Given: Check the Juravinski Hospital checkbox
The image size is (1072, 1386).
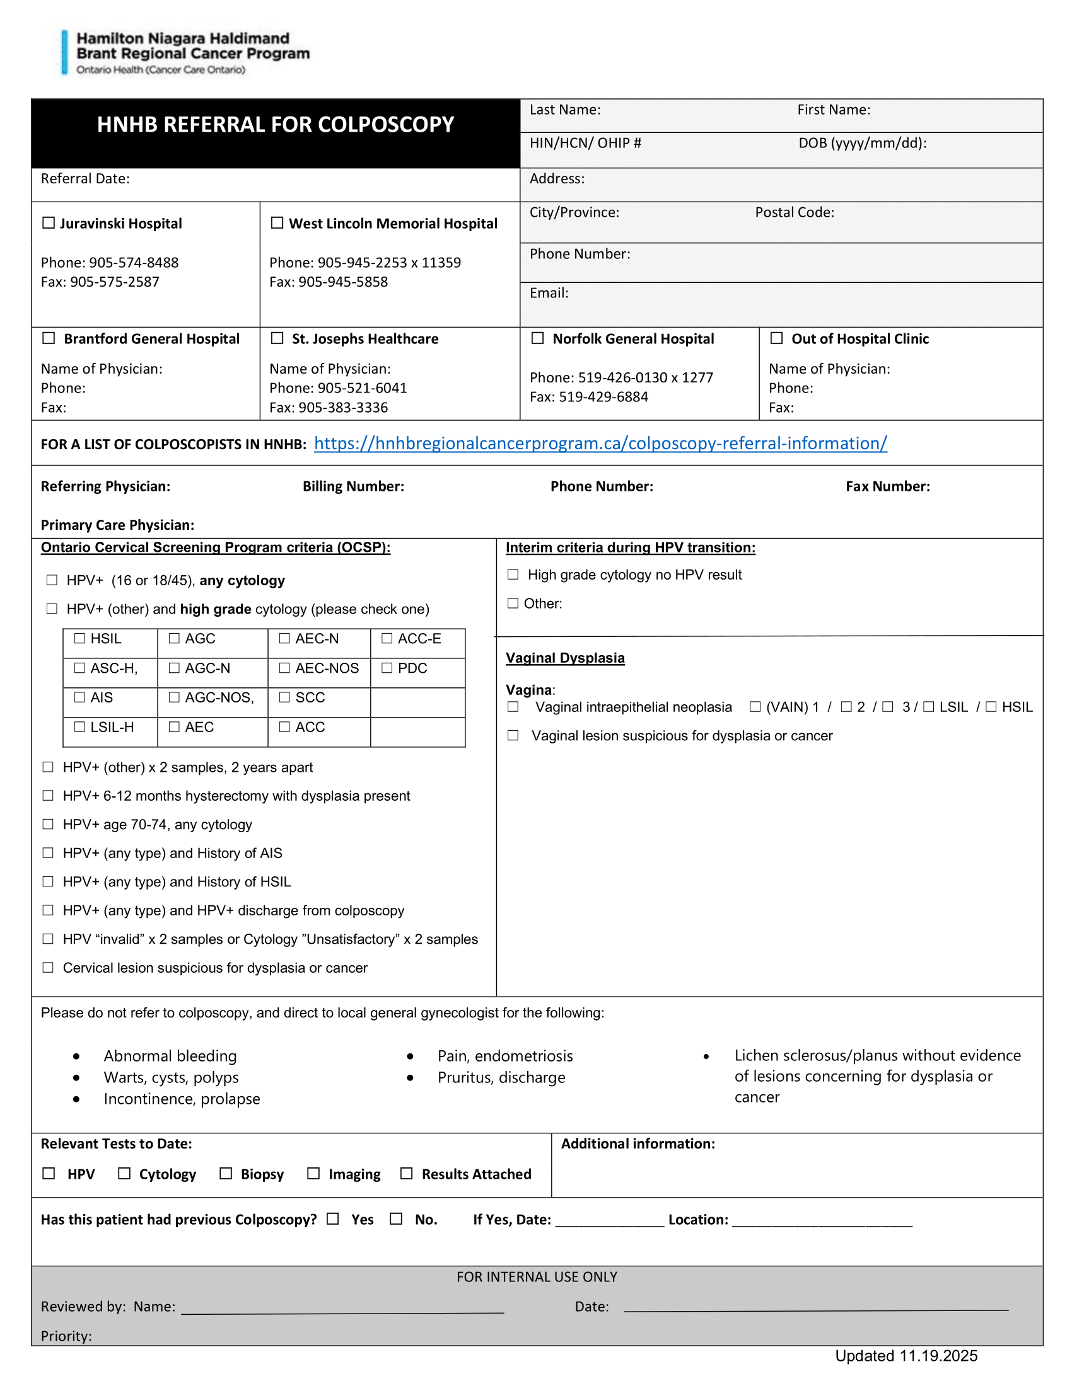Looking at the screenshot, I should [x=49, y=223].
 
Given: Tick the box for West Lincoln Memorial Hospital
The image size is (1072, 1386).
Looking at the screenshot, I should [x=277, y=223].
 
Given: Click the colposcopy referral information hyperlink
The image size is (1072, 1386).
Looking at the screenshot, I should [x=600, y=443].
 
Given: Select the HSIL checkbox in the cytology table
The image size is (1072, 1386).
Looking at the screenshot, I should [x=79, y=638].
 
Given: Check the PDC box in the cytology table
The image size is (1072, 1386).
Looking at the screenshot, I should [x=387, y=668].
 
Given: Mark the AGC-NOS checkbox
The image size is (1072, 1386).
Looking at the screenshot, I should [x=174, y=697].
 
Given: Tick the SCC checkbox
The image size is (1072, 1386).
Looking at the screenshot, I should [x=284, y=697].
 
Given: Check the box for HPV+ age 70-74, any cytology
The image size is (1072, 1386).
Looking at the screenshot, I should [x=48, y=825].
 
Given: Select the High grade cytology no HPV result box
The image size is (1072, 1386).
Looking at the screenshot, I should [x=513, y=575].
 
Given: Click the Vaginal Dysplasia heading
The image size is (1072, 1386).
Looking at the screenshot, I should [x=564, y=658].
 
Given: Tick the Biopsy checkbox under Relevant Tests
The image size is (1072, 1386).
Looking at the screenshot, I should [x=226, y=1174].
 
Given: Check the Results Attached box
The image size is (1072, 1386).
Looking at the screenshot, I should [x=407, y=1174].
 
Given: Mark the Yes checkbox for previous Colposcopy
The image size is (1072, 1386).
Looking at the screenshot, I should [x=333, y=1218].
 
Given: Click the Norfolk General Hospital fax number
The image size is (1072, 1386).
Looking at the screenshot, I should [x=589, y=397].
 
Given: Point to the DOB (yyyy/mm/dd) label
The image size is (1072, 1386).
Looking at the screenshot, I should [x=862, y=144].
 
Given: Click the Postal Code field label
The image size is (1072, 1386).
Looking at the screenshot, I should [x=794, y=212].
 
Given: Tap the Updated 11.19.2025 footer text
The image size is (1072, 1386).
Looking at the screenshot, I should [x=906, y=1356].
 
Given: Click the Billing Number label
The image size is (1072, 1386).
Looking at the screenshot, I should [x=353, y=486].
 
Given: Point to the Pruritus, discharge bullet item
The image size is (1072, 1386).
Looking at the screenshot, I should [x=501, y=1077].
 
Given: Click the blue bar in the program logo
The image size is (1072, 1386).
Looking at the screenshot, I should [x=64, y=52].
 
